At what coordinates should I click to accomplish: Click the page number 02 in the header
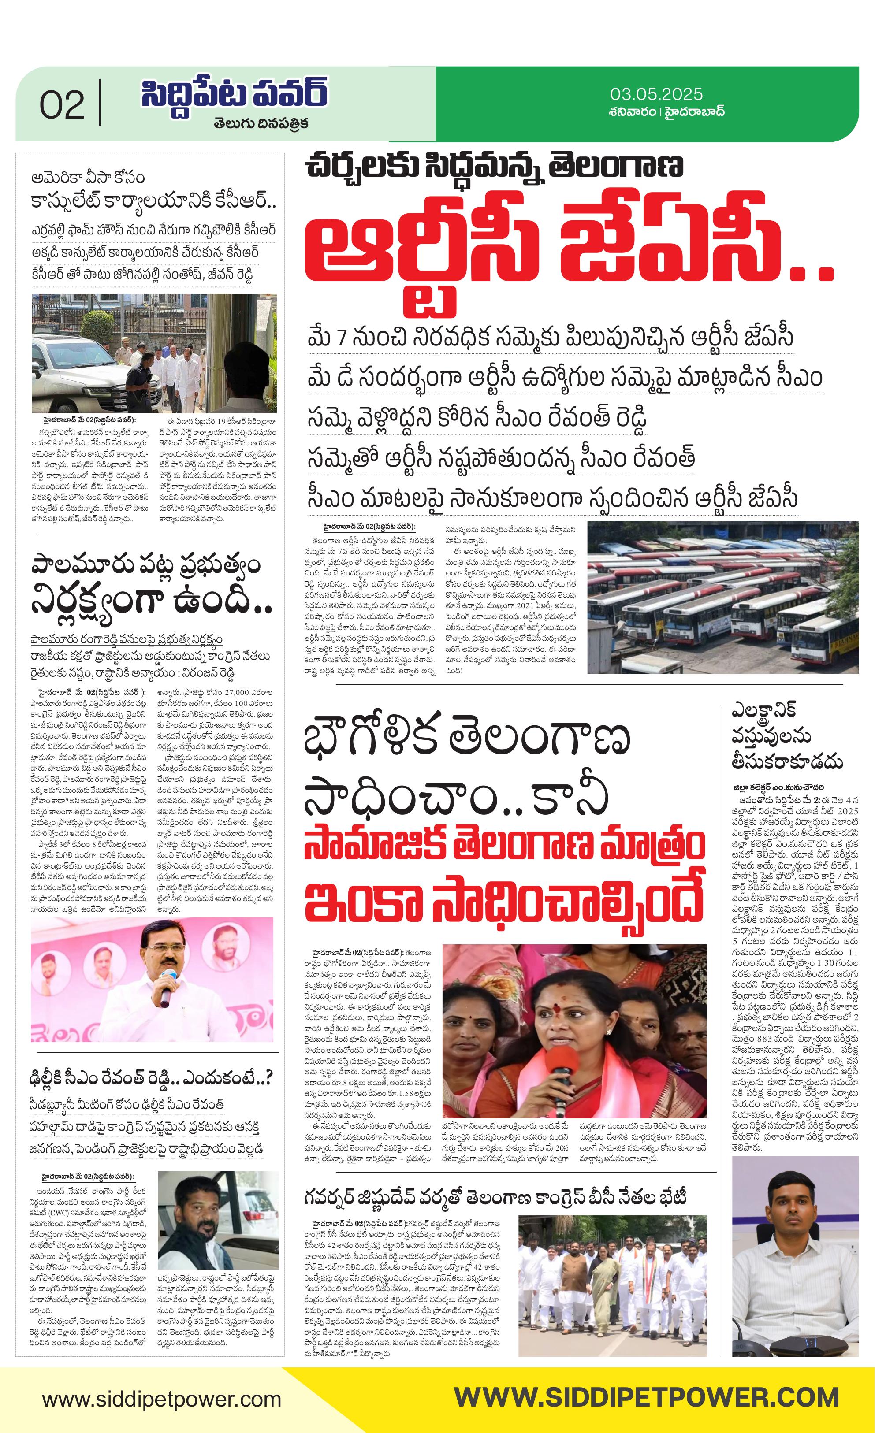click(62, 105)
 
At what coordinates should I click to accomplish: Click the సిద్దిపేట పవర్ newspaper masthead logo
click(234, 93)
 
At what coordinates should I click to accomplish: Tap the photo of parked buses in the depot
click(722, 597)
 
